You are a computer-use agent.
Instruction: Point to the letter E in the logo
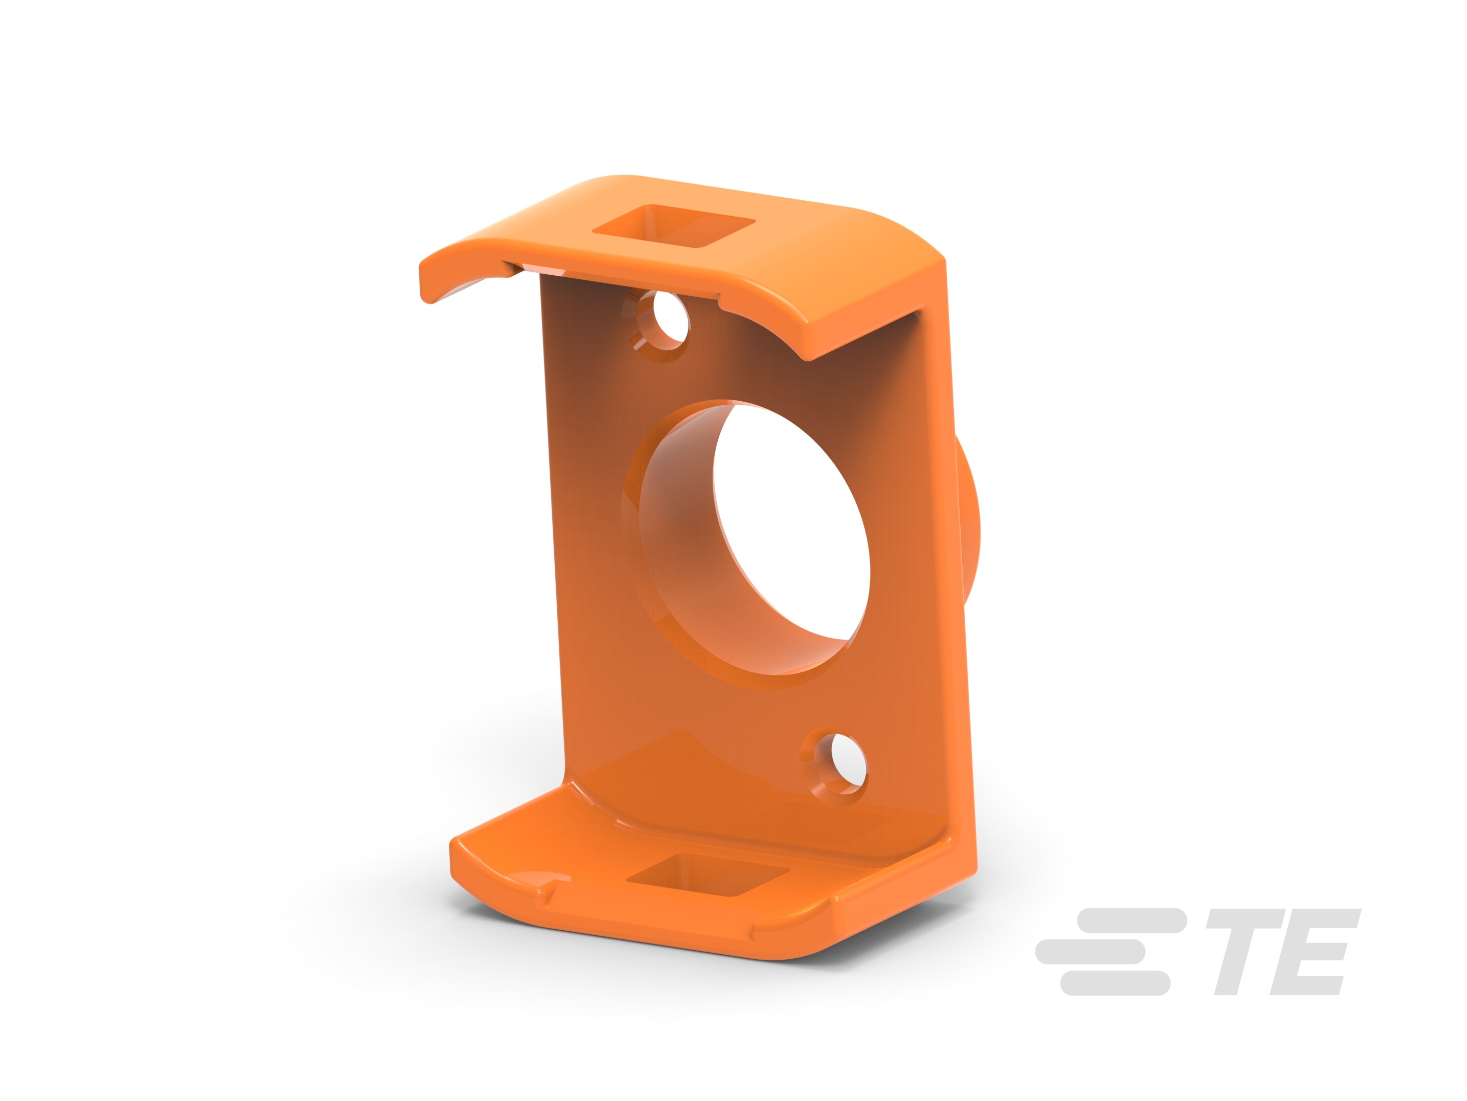tap(1316, 950)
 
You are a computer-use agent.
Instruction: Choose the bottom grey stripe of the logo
tap(1114, 982)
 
